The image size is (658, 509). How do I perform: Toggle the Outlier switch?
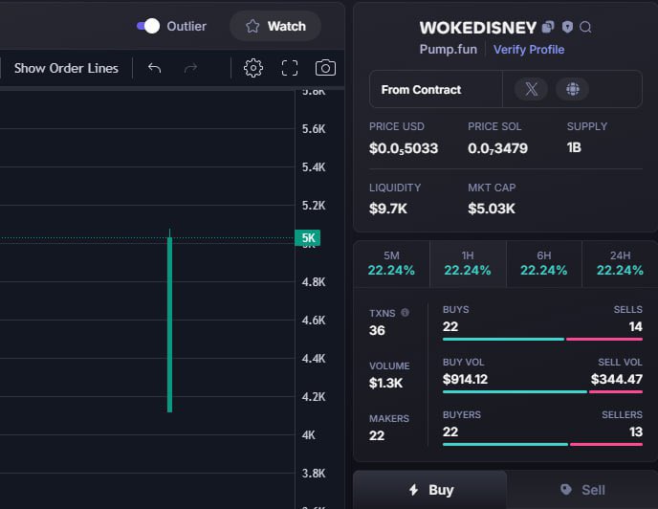pos(148,26)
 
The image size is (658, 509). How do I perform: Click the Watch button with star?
pos(275,26)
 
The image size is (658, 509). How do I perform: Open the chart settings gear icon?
pos(253,68)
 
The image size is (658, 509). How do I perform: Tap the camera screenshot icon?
pos(325,68)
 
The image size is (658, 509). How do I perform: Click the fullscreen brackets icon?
pos(290,68)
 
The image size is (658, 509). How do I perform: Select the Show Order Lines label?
pos(66,68)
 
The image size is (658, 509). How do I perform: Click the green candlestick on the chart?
pos(169,324)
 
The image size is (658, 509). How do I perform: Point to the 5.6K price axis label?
pos(314,129)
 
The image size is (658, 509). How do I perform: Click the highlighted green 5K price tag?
pos(308,237)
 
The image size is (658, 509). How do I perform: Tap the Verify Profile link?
pos(529,50)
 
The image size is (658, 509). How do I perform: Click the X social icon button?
pos(531,89)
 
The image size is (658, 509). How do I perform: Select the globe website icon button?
pos(572,89)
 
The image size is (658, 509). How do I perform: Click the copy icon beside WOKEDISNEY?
pos(548,28)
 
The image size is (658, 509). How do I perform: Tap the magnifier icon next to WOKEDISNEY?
pos(585,28)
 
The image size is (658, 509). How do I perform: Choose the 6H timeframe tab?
pos(544,264)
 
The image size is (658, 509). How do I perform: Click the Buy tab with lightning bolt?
pos(430,490)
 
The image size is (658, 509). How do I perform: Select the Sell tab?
pos(582,490)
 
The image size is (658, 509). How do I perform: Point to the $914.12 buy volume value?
pos(465,379)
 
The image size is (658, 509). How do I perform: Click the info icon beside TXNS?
pos(405,313)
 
